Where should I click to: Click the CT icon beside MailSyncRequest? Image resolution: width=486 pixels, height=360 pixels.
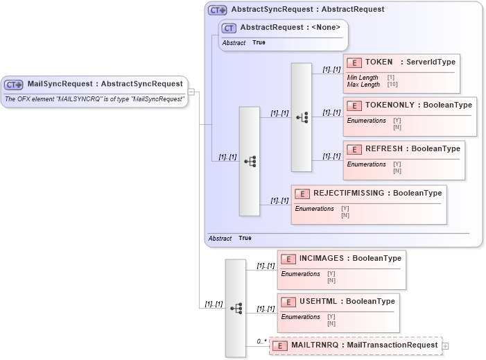tap(14, 85)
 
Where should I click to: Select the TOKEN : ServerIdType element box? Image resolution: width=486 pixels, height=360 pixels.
tap(401, 73)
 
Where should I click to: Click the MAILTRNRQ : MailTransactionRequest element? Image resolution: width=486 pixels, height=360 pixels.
tap(364, 345)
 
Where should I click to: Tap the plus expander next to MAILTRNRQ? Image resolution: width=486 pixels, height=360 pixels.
tap(445, 345)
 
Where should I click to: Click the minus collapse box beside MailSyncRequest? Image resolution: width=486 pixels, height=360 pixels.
tap(191, 92)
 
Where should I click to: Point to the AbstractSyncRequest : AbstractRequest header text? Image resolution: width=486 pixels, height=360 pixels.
tap(307, 10)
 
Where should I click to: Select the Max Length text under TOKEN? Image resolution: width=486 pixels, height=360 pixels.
tap(363, 85)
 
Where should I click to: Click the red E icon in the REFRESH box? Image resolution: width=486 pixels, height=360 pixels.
tap(354, 149)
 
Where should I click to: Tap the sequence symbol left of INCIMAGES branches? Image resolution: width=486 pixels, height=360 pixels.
tap(236, 308)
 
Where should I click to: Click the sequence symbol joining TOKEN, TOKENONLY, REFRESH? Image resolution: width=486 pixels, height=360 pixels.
tap(302, 117)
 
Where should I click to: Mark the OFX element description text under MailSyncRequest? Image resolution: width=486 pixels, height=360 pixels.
tap(94, 99)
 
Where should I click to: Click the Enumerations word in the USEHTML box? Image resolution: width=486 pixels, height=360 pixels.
tap(300, 317)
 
